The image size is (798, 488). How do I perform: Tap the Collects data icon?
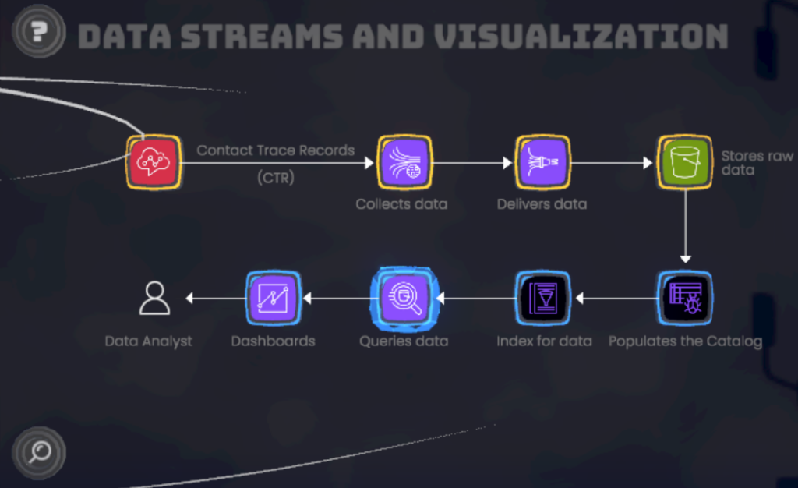(404, 162)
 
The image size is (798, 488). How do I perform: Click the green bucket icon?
(684, 162)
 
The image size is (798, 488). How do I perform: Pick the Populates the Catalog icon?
(684, 297)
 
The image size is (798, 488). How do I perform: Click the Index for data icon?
(543, 297)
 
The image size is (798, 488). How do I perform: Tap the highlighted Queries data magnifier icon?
(404, 297)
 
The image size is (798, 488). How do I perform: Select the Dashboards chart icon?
(273, 297)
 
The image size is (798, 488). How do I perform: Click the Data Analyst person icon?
(155, 298)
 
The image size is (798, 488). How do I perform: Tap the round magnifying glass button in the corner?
(39, 452)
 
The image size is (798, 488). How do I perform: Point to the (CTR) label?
(276, 178)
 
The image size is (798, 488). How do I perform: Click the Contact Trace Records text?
(276, 150)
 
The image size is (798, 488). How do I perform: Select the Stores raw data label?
(756, 163)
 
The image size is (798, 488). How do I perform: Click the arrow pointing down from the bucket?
(685, 226)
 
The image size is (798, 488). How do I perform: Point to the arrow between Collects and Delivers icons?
(473, 163)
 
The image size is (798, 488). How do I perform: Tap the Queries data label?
(404, 341)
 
